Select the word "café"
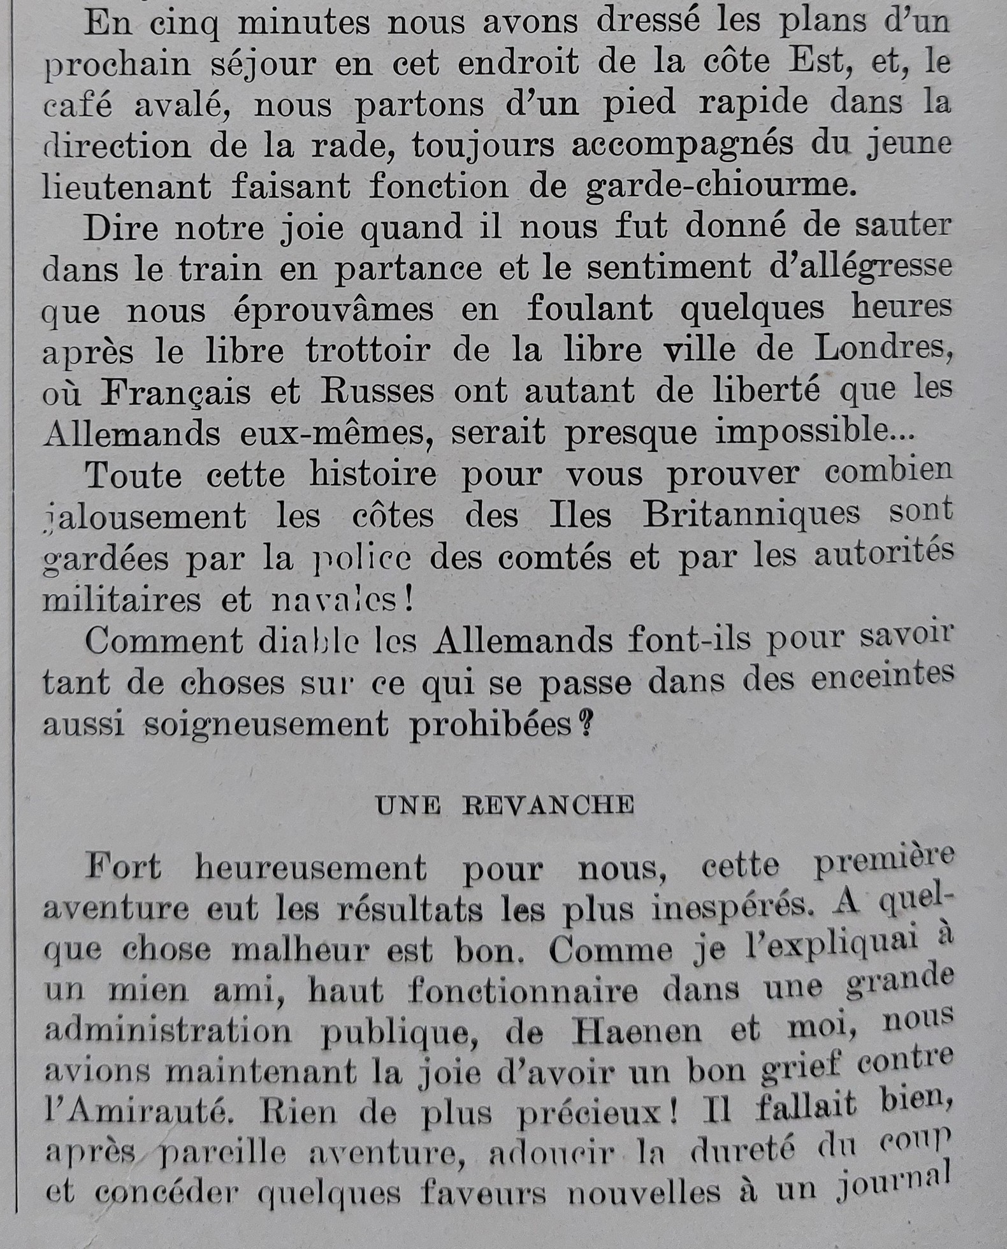77,106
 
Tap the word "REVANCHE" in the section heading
548,806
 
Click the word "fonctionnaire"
523,991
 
